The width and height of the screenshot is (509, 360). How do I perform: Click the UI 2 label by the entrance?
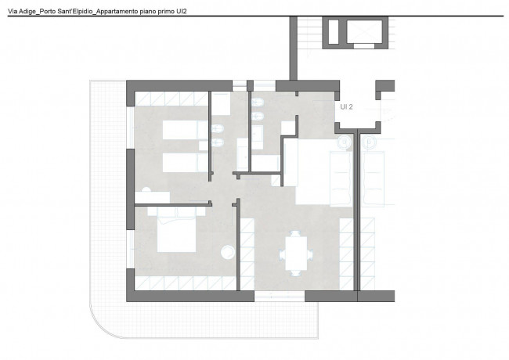[346, 106]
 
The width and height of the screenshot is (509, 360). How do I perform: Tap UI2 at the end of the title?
[182, 12]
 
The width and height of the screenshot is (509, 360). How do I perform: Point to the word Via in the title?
[13, 12]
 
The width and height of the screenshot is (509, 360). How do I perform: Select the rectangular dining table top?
[296, 254]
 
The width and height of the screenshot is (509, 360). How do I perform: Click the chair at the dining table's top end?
[295, 233]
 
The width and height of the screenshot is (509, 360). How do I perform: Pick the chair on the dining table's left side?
[282, 254]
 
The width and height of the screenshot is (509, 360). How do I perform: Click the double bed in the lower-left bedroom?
[177, 230]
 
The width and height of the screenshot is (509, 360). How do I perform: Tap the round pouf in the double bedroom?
[228, 252]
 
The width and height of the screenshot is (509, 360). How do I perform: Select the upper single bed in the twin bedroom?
[185, 131]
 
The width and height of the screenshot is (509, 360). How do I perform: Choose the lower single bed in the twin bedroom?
[185, 163]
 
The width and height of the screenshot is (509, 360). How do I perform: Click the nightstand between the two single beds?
[204, 146]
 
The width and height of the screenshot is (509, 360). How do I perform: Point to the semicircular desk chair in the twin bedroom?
[146, 189]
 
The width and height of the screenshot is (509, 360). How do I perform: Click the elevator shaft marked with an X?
[364, 31]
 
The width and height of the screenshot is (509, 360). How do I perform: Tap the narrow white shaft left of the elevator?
[334, 32]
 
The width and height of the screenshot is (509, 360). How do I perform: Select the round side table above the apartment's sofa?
[345, 142]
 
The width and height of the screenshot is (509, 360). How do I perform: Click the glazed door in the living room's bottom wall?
[280, 296]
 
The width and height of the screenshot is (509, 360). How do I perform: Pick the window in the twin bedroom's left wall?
[130, 128]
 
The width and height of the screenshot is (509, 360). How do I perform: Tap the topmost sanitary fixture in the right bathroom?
[258, 103]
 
